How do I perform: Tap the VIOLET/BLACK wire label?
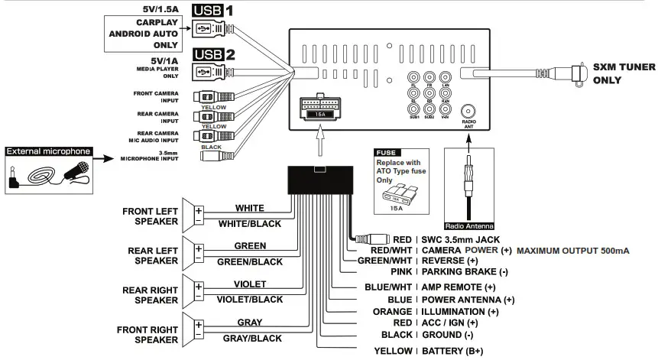(x=250, y=300)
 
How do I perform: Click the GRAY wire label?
(x=250, y=323)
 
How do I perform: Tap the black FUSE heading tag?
(x=386, y=152)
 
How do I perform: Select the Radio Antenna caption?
(x=469, y=226)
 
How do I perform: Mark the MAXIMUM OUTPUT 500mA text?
(x=573, y=251)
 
